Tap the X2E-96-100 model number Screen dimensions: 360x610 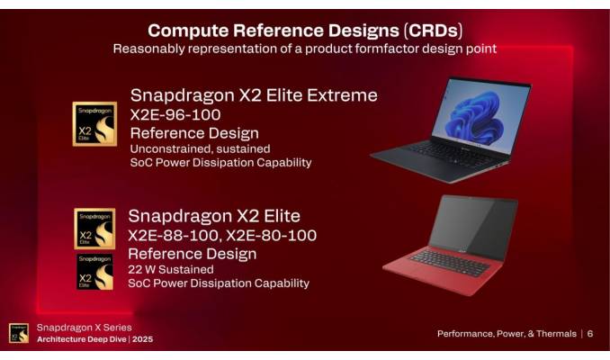(x=175, y=115)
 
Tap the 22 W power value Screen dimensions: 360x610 (x=144, y=268)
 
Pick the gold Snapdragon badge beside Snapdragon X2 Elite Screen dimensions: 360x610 (x=94, y=229)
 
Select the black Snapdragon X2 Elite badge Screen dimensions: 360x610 (x=94, y=271)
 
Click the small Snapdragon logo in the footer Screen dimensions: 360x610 (x=19, y=333)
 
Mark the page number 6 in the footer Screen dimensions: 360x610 (x=590, y=334)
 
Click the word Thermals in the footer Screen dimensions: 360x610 (x=552, y=334)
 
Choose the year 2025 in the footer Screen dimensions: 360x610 (x=142, y=339)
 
